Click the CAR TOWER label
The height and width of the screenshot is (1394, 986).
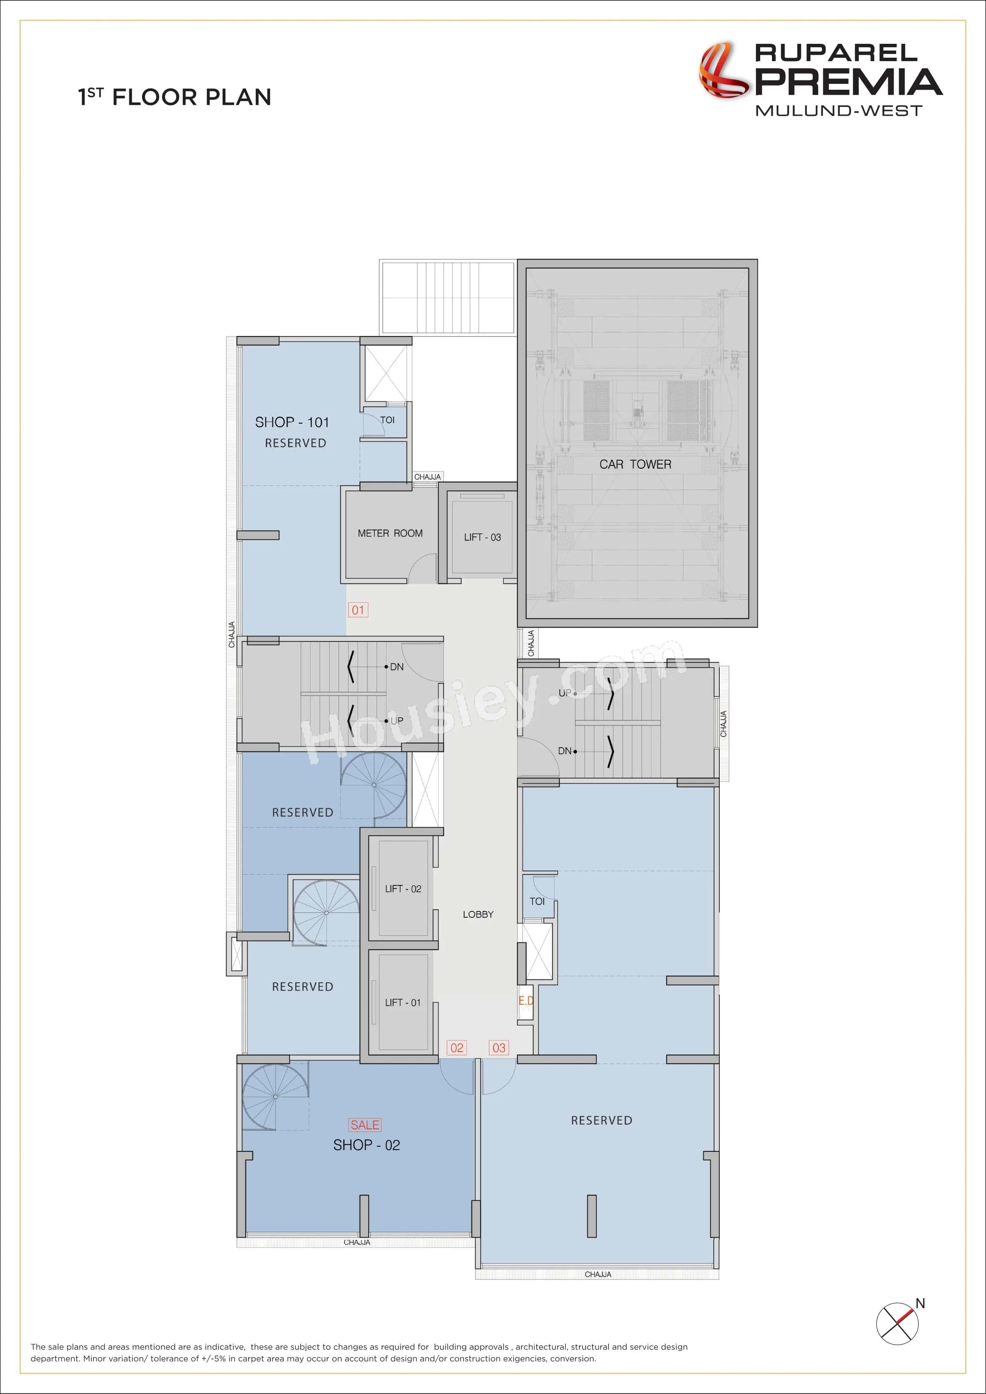click(635, 465)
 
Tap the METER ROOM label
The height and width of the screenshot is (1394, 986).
click(390, 533)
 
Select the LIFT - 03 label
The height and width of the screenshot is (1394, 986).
click(482, 537)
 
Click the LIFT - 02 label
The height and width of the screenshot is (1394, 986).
click(402, 889)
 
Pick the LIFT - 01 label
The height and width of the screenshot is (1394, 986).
click(402, 1002)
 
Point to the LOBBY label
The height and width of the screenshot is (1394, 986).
click(478, 914)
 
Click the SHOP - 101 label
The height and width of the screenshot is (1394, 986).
click(292, 422)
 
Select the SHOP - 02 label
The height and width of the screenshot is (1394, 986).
click(366, 1145)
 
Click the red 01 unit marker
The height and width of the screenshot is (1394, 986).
click(358, 610)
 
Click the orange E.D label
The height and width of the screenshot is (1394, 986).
click(526, 1000)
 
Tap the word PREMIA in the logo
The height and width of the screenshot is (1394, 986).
click(848, 82)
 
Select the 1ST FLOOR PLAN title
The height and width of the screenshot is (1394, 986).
click(174, 97)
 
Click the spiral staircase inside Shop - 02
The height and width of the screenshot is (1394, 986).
click(275, 1097)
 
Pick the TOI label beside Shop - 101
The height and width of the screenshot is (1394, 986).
click(387, 420)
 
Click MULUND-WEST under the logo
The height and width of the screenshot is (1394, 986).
click(839, 110)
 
